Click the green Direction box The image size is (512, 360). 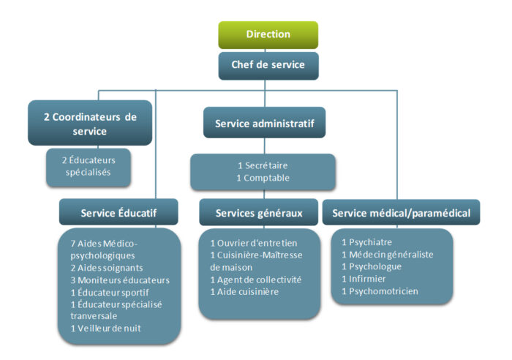click(x=268, y=34)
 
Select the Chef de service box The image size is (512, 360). click(x=268, y=64)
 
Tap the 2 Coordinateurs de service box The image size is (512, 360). click(x=90, y=123)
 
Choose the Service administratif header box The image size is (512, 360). click(x=264, y=123)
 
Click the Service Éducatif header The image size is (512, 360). click(x=118, y=213)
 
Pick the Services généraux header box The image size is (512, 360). click(x=259, y=213)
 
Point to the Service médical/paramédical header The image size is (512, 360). click(x=401, y=213)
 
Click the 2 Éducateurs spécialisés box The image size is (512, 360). click(x=89, y=167)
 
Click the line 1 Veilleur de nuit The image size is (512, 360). click(x=106, y=328)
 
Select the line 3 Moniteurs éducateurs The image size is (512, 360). click(x=120, y=280)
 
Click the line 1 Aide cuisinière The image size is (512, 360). click(x=246, y=291)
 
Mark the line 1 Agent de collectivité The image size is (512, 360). click(x=256, y=280)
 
